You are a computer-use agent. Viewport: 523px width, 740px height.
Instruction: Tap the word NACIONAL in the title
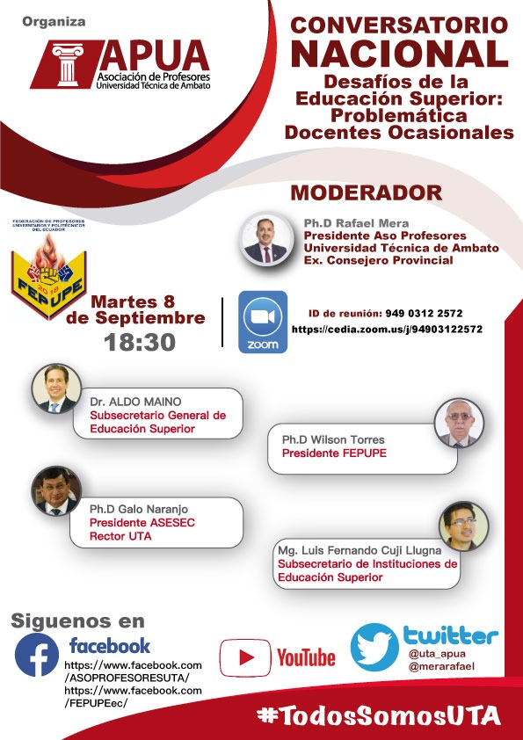tap(399, 54)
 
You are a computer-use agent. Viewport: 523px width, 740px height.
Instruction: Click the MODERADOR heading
tap(366, 192)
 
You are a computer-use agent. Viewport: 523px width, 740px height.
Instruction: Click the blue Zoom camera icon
tap(262, 321)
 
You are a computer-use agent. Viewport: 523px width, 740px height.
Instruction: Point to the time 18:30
tap(140, 342)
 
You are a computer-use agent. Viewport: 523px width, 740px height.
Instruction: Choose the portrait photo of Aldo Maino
tap(55, 388)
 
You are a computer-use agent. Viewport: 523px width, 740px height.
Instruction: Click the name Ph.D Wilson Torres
tap(333, 439)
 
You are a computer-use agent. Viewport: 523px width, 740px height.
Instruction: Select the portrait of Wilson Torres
tap(459, 424)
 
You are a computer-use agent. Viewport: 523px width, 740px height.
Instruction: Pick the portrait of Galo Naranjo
tap(56, 490)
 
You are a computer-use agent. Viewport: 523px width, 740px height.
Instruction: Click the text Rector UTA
tap(120, 536)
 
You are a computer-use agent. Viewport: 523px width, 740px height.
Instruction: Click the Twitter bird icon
tap(374, 648)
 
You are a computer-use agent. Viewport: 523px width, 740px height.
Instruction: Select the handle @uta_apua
tap(436, 655)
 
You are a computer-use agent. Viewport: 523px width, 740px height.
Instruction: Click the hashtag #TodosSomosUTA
tap(378, 715)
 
